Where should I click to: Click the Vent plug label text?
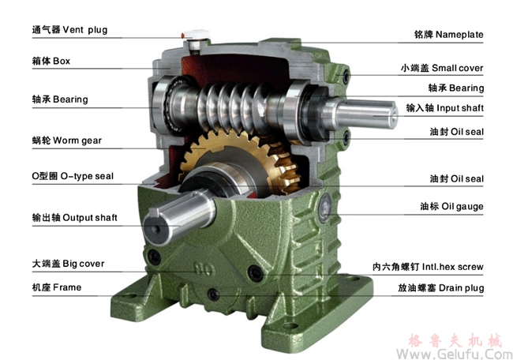point(69,30)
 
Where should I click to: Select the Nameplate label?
point(448,35)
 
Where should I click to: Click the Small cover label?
point(442,68)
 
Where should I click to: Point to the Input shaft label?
point(445,108)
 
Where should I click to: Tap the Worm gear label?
point(67,141)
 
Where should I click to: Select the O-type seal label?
point(73,176)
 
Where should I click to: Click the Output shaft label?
point(75,218)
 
